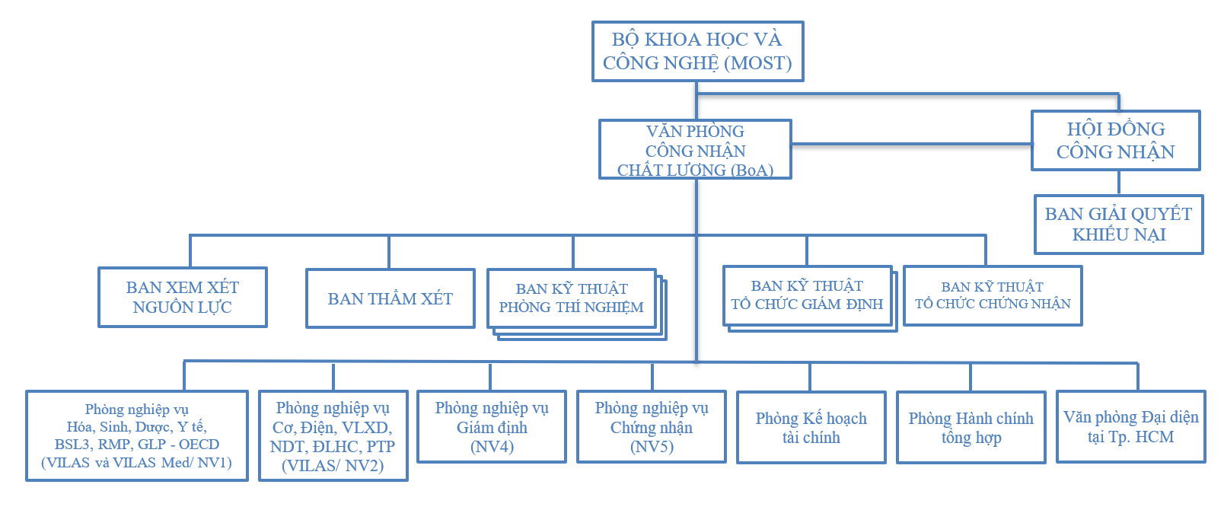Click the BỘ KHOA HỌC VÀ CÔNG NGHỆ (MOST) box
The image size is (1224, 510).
click(x=697, y=51)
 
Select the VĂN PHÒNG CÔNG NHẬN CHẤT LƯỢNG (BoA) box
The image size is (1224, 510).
click(x=695, y=149)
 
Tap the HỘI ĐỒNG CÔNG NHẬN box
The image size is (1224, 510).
click(x=1115, y=140)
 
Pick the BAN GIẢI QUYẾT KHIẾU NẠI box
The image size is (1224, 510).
click(x=1118, y=224)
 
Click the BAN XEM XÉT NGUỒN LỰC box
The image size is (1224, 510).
click(x=182, y=297)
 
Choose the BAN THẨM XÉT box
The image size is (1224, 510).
click(x=390, y=298)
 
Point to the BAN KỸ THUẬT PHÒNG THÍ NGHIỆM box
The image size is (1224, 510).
click(x=571, y=298)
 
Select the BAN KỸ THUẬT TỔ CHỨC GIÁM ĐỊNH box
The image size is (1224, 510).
click(x=807, y=295)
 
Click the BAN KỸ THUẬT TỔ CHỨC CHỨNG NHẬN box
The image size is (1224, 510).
click(x=992, y=295)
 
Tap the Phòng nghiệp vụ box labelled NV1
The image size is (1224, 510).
click(x=137, y=435)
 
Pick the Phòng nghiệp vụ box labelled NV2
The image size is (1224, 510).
click(x=333, y=436)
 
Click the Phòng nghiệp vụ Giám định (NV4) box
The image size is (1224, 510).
click(x=492, y=427)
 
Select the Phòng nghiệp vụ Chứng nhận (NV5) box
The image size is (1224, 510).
click(x=652, y=427)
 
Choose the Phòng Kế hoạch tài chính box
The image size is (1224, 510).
click(x=811, y=428)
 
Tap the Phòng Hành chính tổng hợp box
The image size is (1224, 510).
click(x=971, y=428)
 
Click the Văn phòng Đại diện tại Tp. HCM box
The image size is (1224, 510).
click(x=1130, y=427)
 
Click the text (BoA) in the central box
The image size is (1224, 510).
click(x=751, y=171)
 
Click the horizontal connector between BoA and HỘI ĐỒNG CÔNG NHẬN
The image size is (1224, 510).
click(x=911, y=143)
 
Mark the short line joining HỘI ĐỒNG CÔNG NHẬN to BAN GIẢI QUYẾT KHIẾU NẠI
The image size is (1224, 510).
click(x=1118, y=183)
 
